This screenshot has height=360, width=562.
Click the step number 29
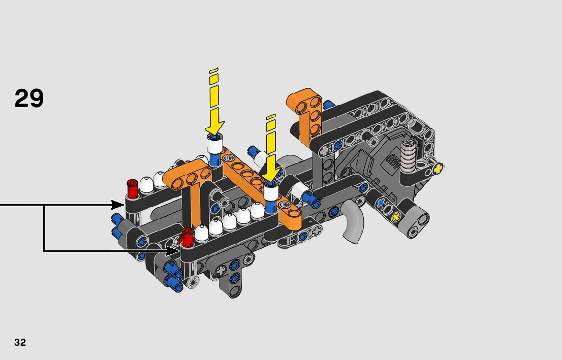pyautogui.click(x=29, y=98)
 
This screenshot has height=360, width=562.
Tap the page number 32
pyautogui.click(x=20, y=342)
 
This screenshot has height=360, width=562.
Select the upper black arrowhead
pyautogui.click(x=118, y=205)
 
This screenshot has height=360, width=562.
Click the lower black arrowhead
pyautogui.click(x=173, y=251)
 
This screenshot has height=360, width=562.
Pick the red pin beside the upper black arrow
pyautogui.click(x=133, y=188)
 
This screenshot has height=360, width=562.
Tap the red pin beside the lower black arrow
pyautogui.click(x=187, y=237)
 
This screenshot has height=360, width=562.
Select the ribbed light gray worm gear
pyautogui.click(x=408, y=155)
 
